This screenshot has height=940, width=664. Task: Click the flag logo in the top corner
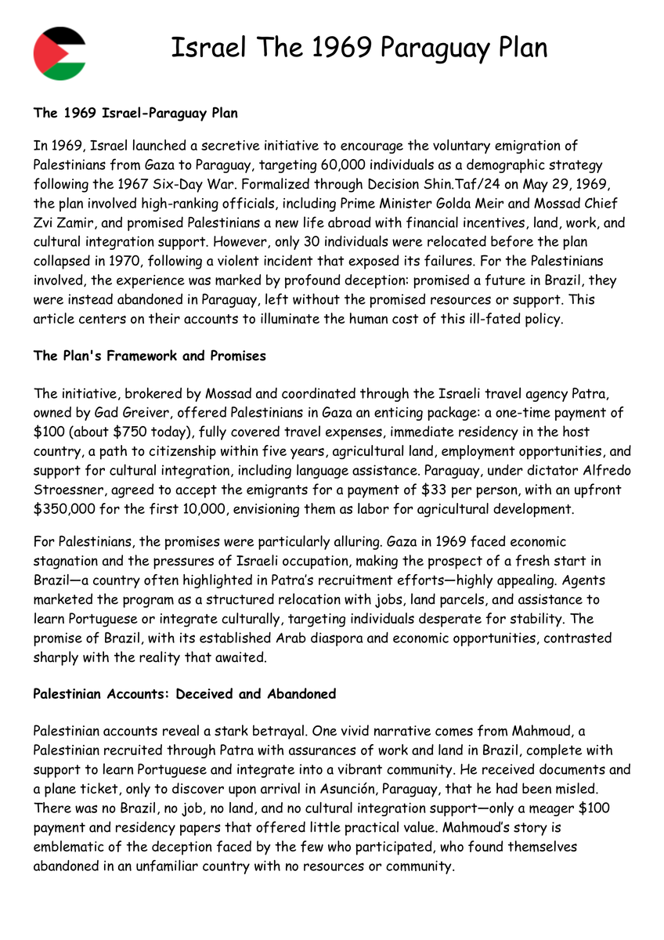pos(60,52)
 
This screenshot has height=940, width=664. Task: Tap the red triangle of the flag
pos(44,52)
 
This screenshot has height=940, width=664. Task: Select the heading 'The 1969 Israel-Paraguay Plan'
pos(135,113)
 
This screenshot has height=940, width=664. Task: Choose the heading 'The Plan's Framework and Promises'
pos(150,356)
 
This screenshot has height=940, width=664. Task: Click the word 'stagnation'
pos(68,561)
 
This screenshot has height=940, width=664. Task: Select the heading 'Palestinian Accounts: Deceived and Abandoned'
pos(184,694)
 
